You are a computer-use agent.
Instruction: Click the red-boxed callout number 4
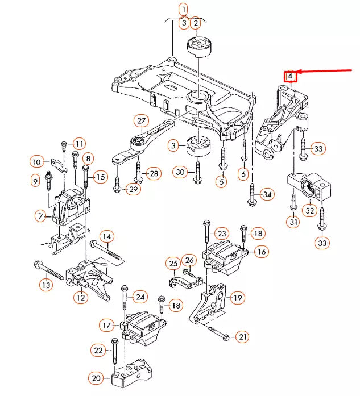pyautogui.click(x=290, y=76)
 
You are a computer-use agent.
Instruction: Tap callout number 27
pyautogui.click(x=142, y=120)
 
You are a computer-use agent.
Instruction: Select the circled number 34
pyautogui.click(x=267, y=195)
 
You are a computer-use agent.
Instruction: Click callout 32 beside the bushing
pyautogui.click(x=309, y=210)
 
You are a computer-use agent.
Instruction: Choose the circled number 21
pyautogui.click(x=243, y=337)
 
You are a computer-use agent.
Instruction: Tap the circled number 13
pyautogui.click(x=45, y=284)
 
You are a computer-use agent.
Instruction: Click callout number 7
pyautogui.click(x=40, y=216)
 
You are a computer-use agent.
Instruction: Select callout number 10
pyautogui.click(x=37, y=162)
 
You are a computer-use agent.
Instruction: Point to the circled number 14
pyautogui.click(x=107, y=236)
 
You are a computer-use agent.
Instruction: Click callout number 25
pyautogui.click(x=173, y=263)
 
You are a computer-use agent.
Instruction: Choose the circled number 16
pyautogui.click(x=261, y=252)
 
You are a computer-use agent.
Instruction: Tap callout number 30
pyautogui.click(x=180, y=172)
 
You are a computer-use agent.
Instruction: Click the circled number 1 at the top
pyautogui.click(x=183, y=9)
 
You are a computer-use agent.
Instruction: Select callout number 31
pyautogui.click(x=293, y=222)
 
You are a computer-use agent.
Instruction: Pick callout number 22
pyautogui.click(x=99, y=351)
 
